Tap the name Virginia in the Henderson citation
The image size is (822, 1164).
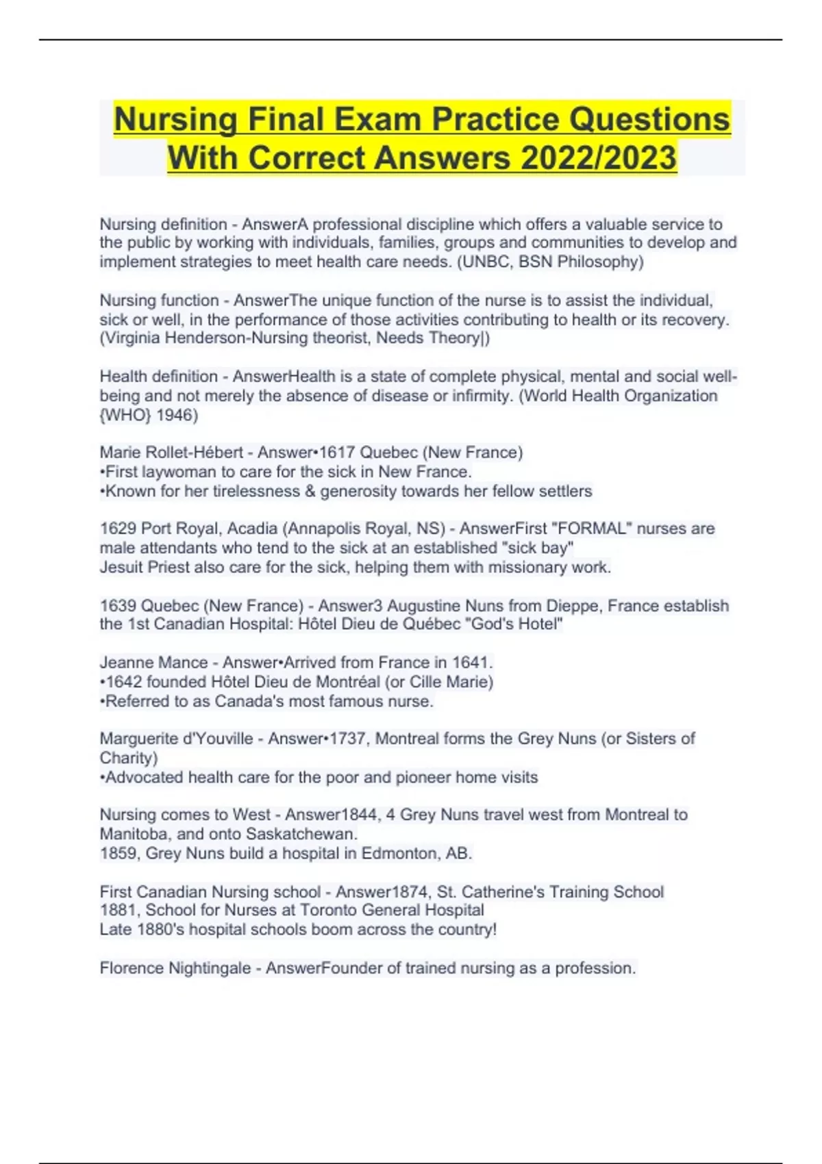click(x=134, y=338)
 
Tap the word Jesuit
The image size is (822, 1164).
click(x=121, y=568)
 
